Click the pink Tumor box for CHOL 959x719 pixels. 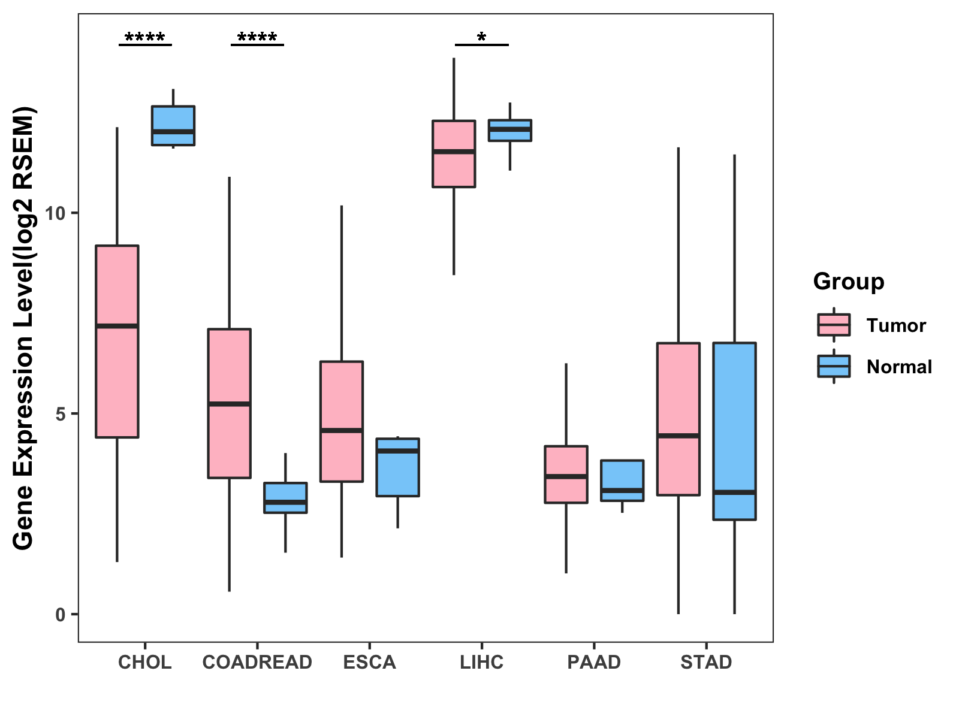117,342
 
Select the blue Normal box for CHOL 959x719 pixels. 173,125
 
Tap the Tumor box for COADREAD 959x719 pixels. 229,403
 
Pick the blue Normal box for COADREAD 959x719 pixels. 285,497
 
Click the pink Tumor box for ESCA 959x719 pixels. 342,421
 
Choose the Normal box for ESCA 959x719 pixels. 397,467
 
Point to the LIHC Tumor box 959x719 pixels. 454,154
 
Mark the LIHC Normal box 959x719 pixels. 510,130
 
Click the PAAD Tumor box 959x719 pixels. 566,474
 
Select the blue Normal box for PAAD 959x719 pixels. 622,480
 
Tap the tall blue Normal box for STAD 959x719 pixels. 734,431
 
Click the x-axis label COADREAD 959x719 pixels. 257,662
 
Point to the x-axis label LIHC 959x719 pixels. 481,662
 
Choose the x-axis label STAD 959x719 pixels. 706,662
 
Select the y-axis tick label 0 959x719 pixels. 60,615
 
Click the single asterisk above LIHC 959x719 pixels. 481,38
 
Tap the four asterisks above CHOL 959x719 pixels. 144,38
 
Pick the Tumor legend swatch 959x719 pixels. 834,325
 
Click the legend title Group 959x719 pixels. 849,282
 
